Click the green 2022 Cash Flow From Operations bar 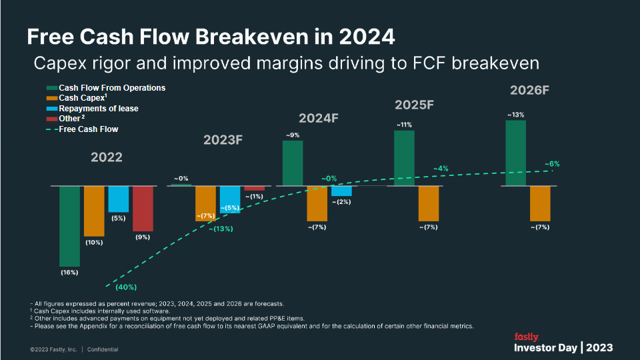click(70, 226)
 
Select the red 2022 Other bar click(143, 209)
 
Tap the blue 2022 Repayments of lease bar click(119, 199)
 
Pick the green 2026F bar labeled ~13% click(515, 153)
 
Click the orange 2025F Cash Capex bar click(429, 203)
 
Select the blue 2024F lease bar click(341, 191)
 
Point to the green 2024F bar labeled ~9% click(293, 163)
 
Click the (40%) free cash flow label click(126, 287)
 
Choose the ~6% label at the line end click(552, 163)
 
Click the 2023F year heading click(223, 140)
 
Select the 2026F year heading click(529, 90)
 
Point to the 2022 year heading click(107, 157)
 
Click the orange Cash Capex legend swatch click(51, 98)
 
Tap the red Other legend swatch click(51, 119)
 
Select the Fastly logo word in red click(526, 337)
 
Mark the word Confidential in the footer click(103, 349)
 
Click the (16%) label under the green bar click(69, 272)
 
